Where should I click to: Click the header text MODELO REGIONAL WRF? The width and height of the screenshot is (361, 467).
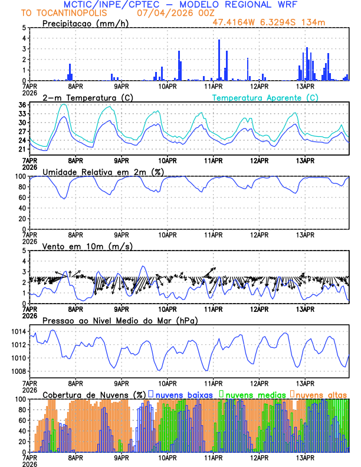coord(248,5)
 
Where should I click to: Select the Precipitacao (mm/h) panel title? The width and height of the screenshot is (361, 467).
coord(84,23)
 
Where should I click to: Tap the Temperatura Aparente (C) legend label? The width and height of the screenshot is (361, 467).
coord(265,97)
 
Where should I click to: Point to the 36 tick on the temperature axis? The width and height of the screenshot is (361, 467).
coord(22,105)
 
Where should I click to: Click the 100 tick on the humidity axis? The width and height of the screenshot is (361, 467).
coord(19,176)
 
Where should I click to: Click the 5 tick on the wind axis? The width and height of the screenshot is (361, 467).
coord(24,251)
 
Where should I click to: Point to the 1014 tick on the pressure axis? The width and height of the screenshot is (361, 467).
coord(17,332)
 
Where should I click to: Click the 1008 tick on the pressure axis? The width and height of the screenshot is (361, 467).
coord(17,371)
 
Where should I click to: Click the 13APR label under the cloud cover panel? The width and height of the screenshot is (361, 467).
coord(305,458)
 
